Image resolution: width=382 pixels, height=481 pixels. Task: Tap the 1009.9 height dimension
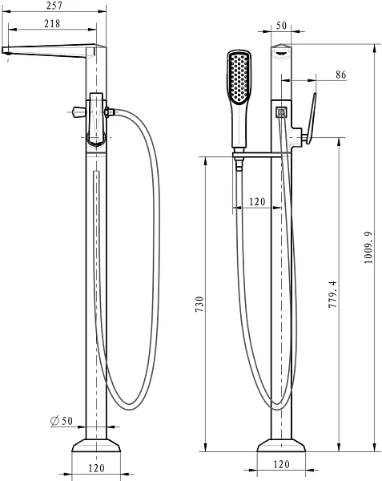point(368,248)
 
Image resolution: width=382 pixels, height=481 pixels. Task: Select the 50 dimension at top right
point(281,26)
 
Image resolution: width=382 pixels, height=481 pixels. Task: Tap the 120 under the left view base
point(96,467)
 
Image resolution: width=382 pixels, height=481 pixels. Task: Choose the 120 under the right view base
point(281,464)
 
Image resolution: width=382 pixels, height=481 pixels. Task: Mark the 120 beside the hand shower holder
point(257,202)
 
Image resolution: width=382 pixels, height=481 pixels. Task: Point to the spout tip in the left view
point(7,52)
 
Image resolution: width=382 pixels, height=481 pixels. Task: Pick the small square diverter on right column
point(281,111)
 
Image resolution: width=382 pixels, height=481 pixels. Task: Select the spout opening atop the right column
point(280,55)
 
